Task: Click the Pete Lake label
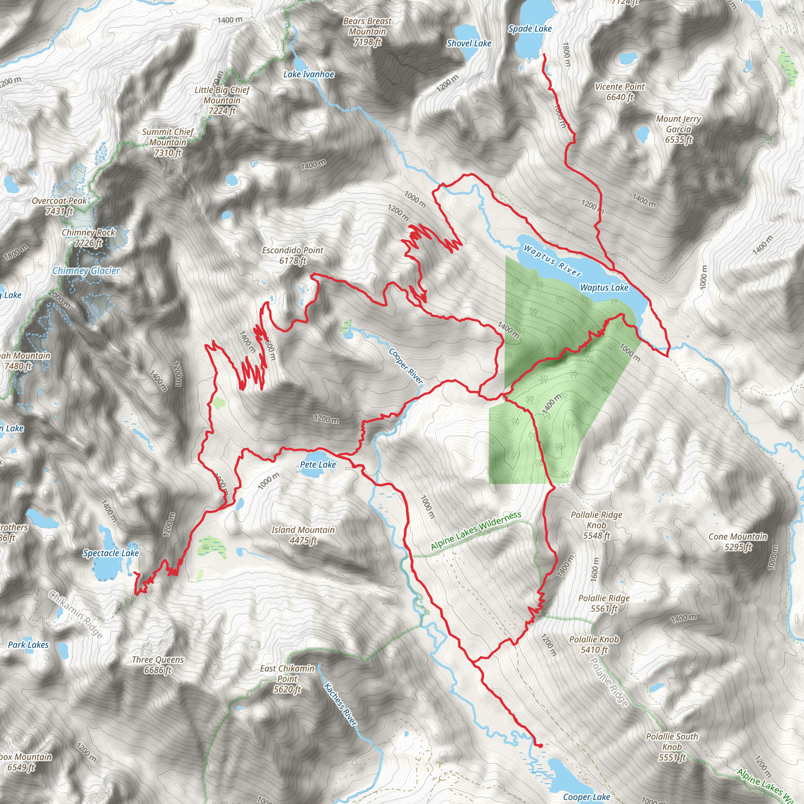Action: click(318, 464)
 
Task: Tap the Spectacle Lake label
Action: click(111, 553)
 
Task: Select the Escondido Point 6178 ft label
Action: click(292, 256)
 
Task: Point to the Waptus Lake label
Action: click(604, 287)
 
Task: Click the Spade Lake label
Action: click(530, 29)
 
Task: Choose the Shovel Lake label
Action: click(469, 43)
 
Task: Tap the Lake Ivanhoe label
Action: click(309, 75)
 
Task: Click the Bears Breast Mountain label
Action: click(367, 31)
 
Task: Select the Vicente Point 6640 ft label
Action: click(619, 91)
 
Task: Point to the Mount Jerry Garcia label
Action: click(678, 129)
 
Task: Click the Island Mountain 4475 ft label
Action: click(303, 535)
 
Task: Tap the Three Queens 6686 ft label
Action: click(158, 665)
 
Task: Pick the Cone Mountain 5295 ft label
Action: click(738, 541)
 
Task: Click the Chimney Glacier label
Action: click(86, 271)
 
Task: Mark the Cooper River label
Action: click(406, 366)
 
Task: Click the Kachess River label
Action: click(340, 704)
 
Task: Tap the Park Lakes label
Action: click(28, 645)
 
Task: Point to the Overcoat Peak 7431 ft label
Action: click(60, 206)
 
